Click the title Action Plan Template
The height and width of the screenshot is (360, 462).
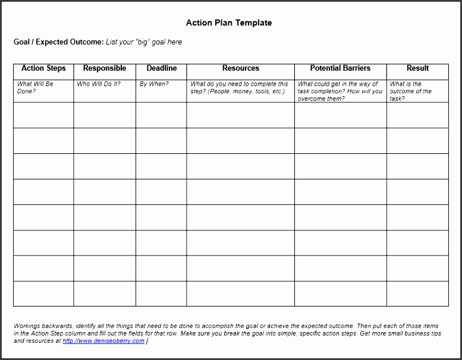(x=229, y=23)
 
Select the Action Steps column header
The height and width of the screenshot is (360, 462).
(x=43, y=68)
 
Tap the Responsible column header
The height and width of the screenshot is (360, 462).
(x=105, y=68)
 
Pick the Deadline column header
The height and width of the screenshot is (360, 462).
(x=161, y=68)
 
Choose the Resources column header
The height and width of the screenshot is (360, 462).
(x=241, y=68)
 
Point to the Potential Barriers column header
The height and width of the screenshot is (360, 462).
(x=340, y=68)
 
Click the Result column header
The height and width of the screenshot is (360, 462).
(x=417, y=68)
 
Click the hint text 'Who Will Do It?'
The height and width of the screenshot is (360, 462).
(x=99, y=84)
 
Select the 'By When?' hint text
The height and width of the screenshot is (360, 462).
(x=154, y=84)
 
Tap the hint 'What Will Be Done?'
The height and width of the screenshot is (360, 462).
(x=35, y=88)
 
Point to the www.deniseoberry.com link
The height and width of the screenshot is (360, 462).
(x=103, y=341)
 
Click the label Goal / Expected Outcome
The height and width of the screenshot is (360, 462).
(x=58, y=42)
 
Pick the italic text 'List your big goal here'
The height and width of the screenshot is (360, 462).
(x=144, y=42)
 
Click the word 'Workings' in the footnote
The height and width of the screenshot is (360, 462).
(x=27, y=326)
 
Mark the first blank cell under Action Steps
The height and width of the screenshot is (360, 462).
(x=43, y=115)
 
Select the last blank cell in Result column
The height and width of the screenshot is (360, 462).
(x=417, y=293)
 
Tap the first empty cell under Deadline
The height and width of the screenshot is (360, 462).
(x=161, y=115)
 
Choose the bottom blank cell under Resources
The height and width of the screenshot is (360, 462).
(x=241, y=293)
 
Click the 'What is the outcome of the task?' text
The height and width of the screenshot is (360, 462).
(x=411, y=91)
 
